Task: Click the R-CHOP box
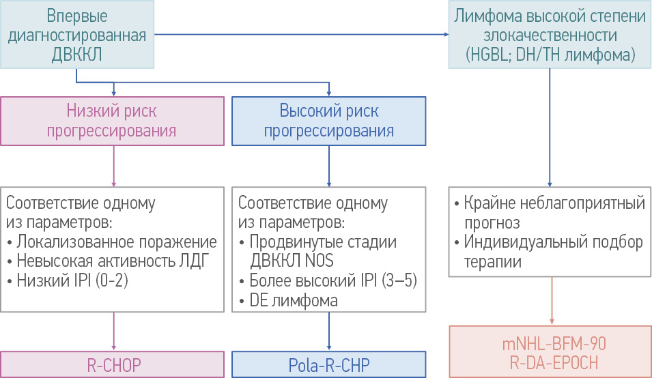click(113, 364)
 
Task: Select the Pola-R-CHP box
click(329, 364)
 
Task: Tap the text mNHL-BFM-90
click(550, 343)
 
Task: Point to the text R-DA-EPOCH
click(550, 362)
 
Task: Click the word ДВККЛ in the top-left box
click(78, 55)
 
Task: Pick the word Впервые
click(78, 15)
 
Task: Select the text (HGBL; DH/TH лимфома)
click(550, 54)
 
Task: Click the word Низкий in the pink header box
click(89, 111)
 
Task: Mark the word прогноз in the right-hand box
click(492, 223)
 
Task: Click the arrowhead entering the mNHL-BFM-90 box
click(550, 321)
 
